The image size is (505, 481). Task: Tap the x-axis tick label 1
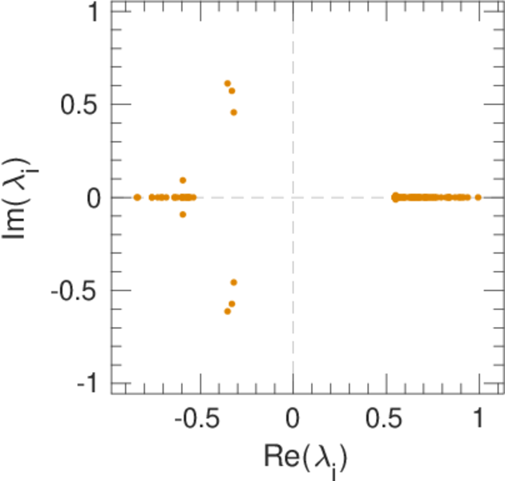pyautogui.click(x=479, y=418)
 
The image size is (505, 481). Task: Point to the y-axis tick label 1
pyautogui.click(x=94, y=12)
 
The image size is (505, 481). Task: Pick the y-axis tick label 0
pyautogui.click(x=94, y=198)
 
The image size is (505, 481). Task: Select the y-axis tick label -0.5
pyautogui.click(x=79, y=291)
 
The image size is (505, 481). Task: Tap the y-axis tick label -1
pyautogui.click(x=90, y=384)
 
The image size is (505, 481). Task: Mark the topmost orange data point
pyautogui.click(x=228, y=83)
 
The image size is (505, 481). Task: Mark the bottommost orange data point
pyautogui.click(x=228, y=311)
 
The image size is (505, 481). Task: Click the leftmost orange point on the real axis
pyautogui.click(x=137, y=197)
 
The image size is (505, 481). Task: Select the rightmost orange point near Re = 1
pyautogui.click(x=478, y=197)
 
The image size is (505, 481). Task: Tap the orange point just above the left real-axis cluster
pyautogui.click(x=183, y=180)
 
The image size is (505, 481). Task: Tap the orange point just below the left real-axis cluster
pyautogui.click(x=183, y=214)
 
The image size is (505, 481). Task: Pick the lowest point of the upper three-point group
pyautogui.click(x=234, y=112)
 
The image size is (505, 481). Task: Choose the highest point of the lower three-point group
pyautogui.click(x=234, y=282)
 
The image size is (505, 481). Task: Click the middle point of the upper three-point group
pyautogui.click(x=232, y=91)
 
